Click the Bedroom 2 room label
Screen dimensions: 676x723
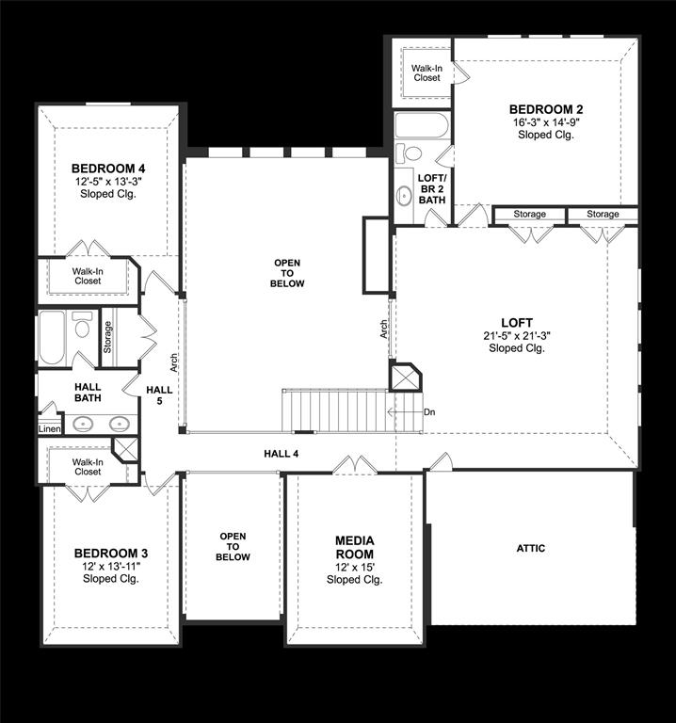[x=546, y=110]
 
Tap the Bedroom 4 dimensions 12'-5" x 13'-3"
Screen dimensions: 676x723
[x=108, y=181]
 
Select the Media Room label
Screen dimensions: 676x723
[x=355, y=547]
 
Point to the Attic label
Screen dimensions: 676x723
[x=531, y=548]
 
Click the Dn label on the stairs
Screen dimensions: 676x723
[x=429, y=412]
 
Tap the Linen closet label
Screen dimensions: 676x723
[x=49, y=429]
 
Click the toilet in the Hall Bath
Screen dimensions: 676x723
[x=83, y=325]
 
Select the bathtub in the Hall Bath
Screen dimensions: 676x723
[x=52, y=338]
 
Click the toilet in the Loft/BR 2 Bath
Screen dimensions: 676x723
[x=409, y=153]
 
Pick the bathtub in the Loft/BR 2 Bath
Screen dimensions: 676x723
[x=422, y=125]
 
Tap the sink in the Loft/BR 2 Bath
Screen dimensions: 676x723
[x=405, y=196]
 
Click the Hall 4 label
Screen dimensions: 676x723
[x=282, y=454]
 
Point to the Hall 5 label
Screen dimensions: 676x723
[x=159, y=395]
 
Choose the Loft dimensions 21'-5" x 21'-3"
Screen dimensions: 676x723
[x=517, y=336]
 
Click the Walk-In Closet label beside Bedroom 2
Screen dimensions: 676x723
[x=427, y=72]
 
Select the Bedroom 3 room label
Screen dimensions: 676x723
[x=111, y=553]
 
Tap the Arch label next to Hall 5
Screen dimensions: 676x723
[x=174, y=362]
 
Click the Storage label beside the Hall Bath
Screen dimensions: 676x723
[x=107, y=337]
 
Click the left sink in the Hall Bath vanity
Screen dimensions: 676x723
[x=83, y=424]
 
